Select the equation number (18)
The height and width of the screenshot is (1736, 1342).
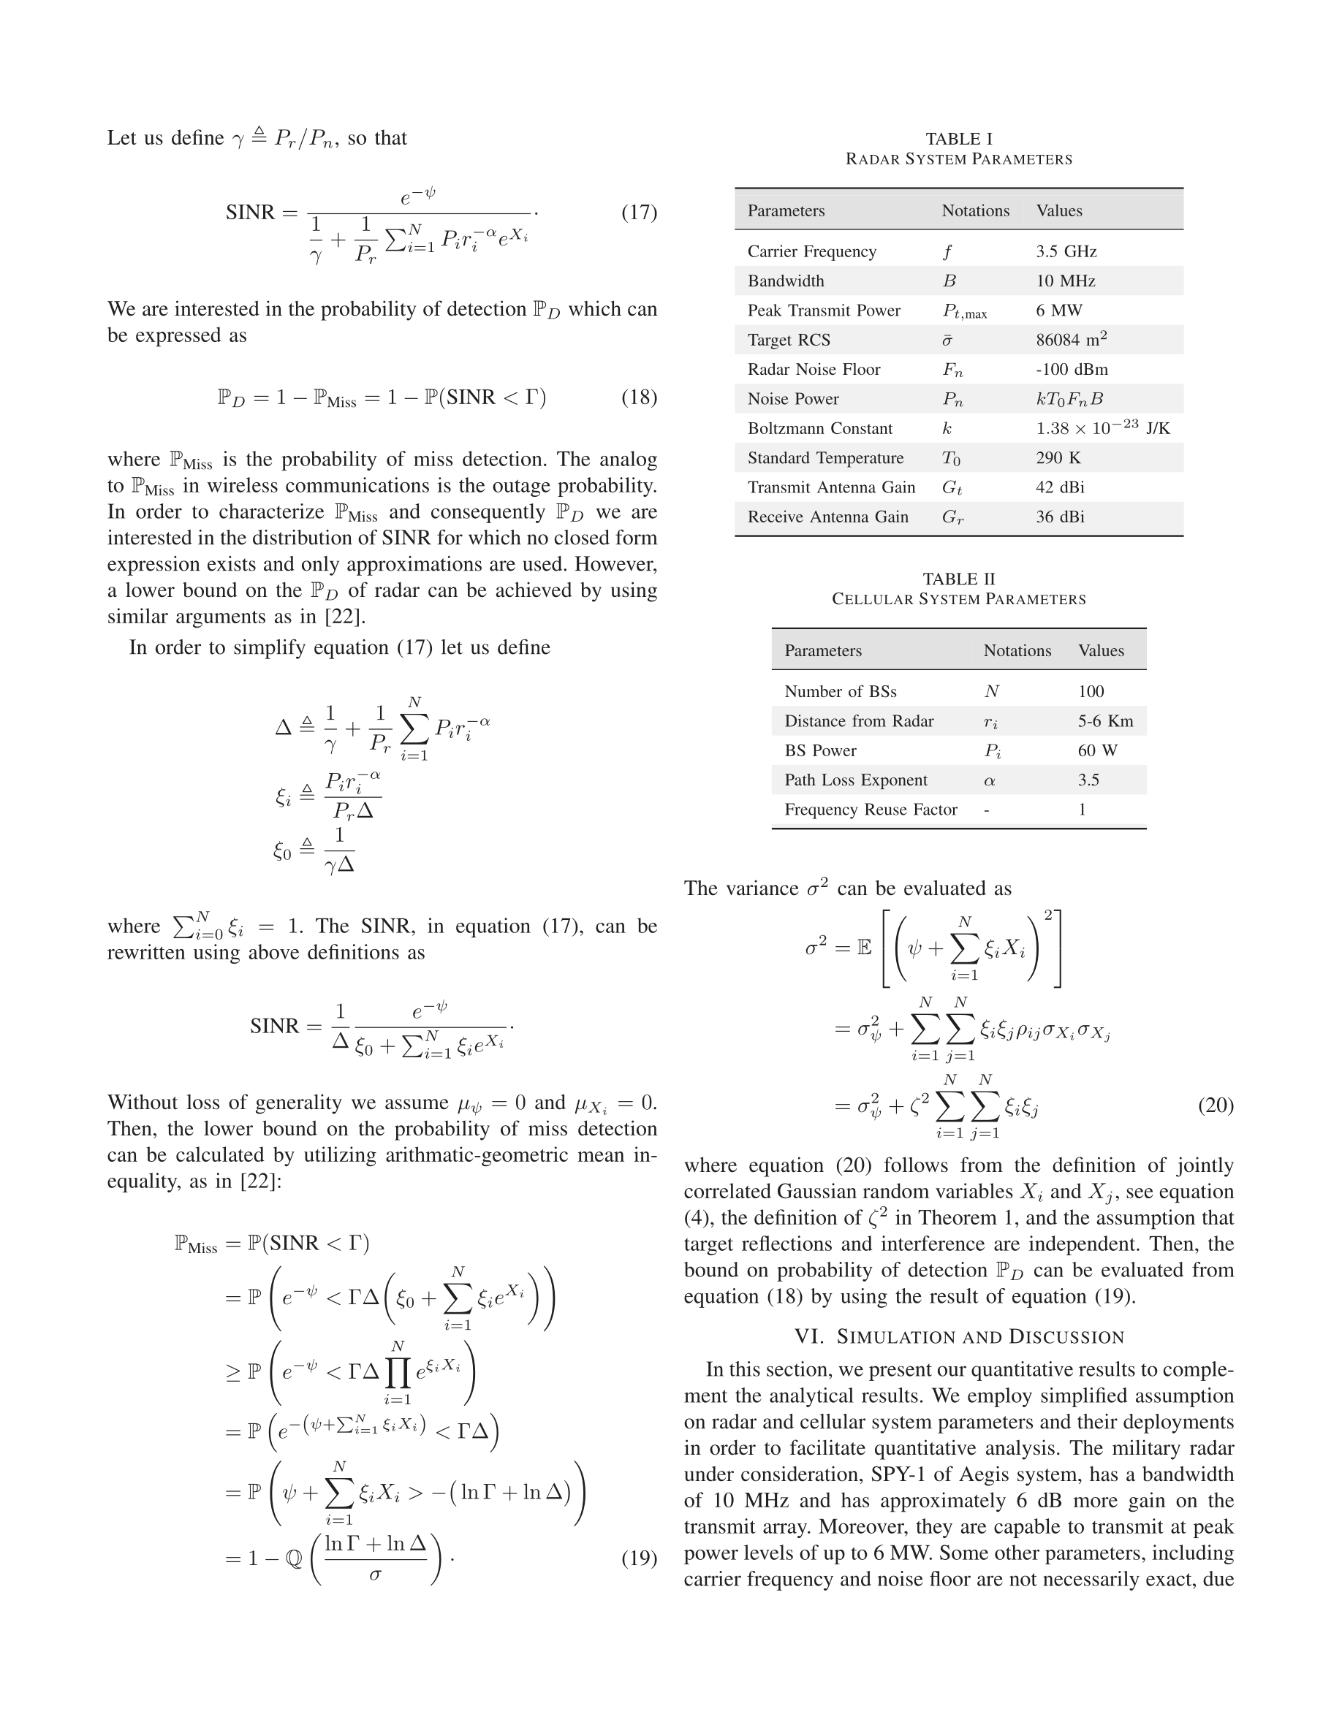(638, 397)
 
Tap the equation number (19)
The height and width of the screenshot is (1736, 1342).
(638, 1558)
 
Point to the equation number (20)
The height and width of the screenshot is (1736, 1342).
(1215, 1105)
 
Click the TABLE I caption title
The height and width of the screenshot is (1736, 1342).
(958, 139)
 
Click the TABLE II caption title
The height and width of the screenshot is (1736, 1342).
(958, 579)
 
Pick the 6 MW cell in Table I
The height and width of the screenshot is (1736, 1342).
(1058, 311)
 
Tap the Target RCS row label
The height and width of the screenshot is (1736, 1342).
(788, 340)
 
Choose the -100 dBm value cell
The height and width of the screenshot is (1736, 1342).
(1071, 370)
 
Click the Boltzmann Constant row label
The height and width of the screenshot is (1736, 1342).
(819, 428)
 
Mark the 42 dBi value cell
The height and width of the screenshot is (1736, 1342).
(1060, 487)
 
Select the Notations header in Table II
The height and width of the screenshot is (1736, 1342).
(1017, 650)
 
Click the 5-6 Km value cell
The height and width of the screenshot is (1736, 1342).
(1105, 721)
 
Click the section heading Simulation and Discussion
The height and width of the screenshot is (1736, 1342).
(959, 1337)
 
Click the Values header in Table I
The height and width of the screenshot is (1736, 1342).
(1058, 210)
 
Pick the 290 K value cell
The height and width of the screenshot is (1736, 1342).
(1058, 458)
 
